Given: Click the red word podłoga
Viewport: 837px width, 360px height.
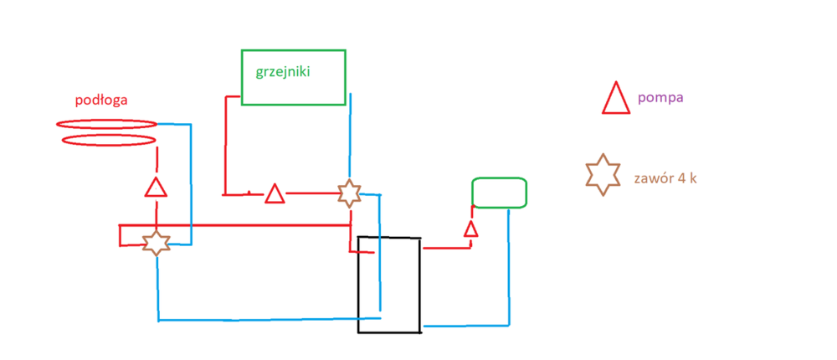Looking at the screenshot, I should (x=100, y=100).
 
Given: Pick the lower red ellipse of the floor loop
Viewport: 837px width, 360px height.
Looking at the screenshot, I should (x=108, y=140).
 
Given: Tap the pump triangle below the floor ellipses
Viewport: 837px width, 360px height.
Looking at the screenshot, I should (x=156, y=187).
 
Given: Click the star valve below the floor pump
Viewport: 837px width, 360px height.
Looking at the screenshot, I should (x=156, y=243).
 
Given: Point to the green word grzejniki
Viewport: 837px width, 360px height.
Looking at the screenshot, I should (x=283, y=71).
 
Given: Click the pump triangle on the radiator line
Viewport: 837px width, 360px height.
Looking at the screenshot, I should (x=275, y=194).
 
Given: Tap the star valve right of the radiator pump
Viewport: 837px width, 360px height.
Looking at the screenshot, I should (x=349, y=193).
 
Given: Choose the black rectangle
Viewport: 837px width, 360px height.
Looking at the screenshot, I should (x=389, y=285).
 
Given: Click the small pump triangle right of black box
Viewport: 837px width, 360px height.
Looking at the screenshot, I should (x=470, y=229).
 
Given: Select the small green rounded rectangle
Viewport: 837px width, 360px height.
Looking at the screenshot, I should (x=499, y=193).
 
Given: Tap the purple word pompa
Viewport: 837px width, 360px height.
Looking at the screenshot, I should (x=660, y=97).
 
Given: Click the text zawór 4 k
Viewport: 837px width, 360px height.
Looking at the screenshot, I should (x=666, y=177).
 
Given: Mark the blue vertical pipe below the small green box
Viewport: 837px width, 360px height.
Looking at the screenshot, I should (x=509, y=268).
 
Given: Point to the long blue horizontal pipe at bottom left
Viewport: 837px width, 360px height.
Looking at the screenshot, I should (x=268, y=319).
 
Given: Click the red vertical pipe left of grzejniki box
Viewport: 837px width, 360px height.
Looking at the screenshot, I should (x=224, y=147).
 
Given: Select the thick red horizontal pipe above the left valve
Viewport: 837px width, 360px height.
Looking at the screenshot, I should (x=234, y=224).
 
